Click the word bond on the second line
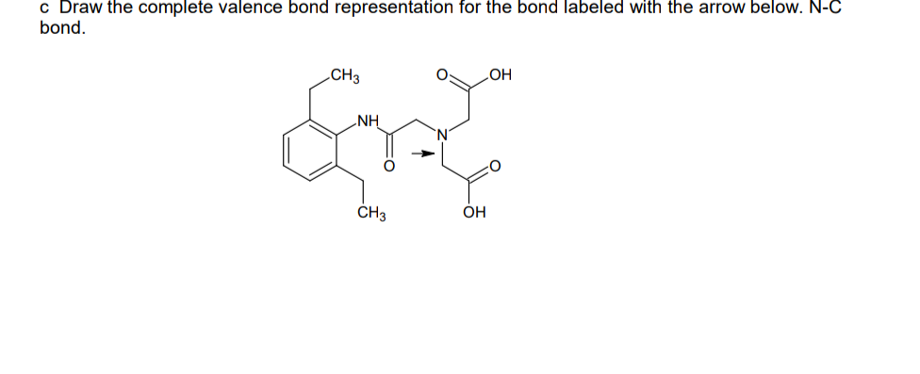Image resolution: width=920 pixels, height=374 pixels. (x=61, y=27)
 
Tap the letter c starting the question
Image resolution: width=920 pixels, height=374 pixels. (x=44, y=8)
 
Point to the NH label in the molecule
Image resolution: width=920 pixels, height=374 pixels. (x=369, y=121)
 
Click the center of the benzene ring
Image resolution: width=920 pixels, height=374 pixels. (x=311, y=149)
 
